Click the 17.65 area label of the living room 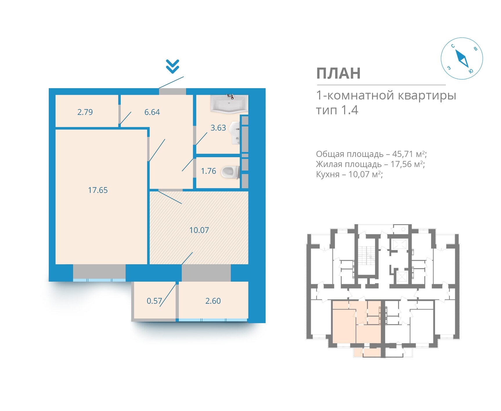[x=98, y=190]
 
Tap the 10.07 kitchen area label [x=199, y=230]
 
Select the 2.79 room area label [x=85, y=112]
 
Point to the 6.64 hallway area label [x=152, y=112]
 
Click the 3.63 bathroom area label [x=218, y=128]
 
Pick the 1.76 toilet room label [x=208, y=171]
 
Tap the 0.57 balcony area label [x=154, y=301]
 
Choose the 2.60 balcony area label [x=213, y=301]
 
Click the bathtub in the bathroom [x=229, y=104]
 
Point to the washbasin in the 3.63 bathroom [x=235, y=133]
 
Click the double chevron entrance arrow [x=172, y=66]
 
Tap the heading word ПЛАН [x=338, y=73]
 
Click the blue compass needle [x=462, y=59]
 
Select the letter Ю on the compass [x=471, y=71]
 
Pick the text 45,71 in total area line [x=403, y=154]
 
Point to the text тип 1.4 [x=337, y=110]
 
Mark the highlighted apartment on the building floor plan [x=356, y=322]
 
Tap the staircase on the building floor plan [x=367, y=256]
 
